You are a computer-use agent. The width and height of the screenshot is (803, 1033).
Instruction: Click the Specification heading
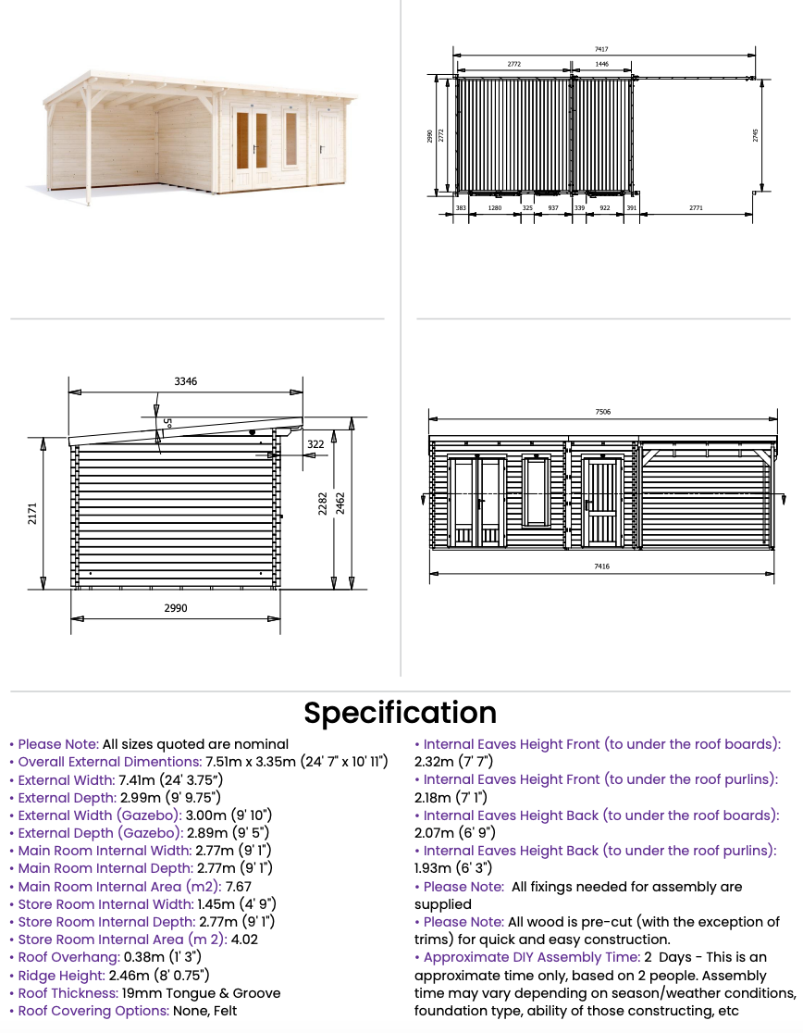pos(401,713)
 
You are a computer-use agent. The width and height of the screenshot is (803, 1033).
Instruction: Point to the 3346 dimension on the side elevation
pos(185,381)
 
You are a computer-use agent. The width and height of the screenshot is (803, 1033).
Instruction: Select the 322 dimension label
pos(315,444)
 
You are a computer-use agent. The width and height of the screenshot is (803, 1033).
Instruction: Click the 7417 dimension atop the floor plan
pos(601,49)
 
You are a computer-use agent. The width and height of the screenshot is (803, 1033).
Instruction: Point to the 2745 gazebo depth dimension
pos(755,135)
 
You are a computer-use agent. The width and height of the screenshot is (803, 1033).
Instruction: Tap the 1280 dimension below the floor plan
pos(494,208)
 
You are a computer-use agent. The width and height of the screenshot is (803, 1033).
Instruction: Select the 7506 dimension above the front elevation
pos(602,410)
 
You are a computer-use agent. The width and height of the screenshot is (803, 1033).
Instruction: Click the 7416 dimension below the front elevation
pos(601,566)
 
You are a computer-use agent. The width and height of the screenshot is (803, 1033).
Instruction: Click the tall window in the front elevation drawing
pos(537,491)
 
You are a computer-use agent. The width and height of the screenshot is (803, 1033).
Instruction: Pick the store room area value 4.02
pos(243,940)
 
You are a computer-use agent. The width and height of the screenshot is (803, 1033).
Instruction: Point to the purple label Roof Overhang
pos(68,957)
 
